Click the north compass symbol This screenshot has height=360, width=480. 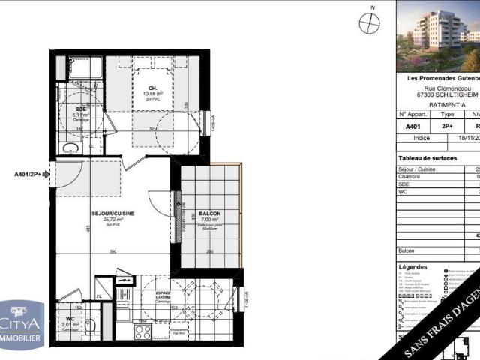point(369,23)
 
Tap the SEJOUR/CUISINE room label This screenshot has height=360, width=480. point(113,214)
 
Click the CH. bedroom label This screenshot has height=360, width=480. point(152,87)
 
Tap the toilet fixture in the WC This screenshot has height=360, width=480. point(89,326)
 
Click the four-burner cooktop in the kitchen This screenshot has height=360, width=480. point(142,331)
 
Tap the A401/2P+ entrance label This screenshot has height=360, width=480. point(28,174)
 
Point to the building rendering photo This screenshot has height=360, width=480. point(437,35)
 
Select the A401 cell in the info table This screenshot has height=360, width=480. point(413,127)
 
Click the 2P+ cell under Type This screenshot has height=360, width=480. point(447,127)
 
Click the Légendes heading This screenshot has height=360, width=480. point(413,266)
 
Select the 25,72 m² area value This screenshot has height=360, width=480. point(113,220)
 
